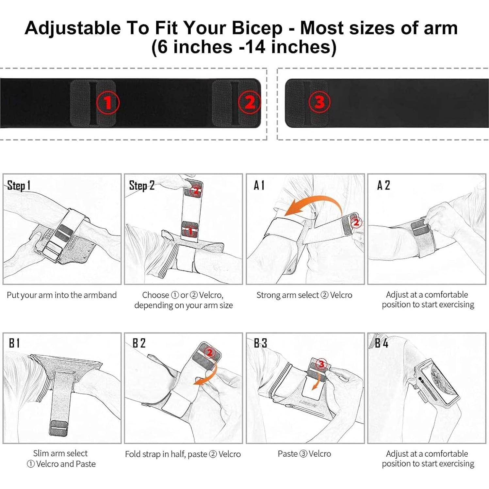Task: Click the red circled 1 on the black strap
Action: pyautogui.click(x=108, y=103)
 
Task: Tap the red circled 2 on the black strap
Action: pyautogui.click(x=249, y=102)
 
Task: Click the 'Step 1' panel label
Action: pyautogui.click(x=19, y=186)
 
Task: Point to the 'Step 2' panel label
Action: pyautogui.click(x=141, y=186)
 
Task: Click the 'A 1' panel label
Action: pyautogui.click(x=259, y=185)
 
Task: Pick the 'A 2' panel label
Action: pyautogui.click(x=383, y=185)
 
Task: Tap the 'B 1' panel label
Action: pyautogui.click(x=14, y=343)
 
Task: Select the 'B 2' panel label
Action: pyautogui.click(x=139, y=343)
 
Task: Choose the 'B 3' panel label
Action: pyautogui.click(x=260, y=343)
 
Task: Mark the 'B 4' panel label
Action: pyautogui.click(x=381, y=343)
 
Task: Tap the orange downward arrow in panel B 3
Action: pyautogui.click(x=316, y=381)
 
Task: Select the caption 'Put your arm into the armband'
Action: pyautogui.click(x=62, y=295)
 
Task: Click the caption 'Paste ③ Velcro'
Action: pyautogui.click(x=304, y=454)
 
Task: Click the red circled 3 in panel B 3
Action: pyautogui.click(x=321, y=364)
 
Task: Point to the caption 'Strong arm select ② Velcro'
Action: pyautogui.click(x=304, y=295)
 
